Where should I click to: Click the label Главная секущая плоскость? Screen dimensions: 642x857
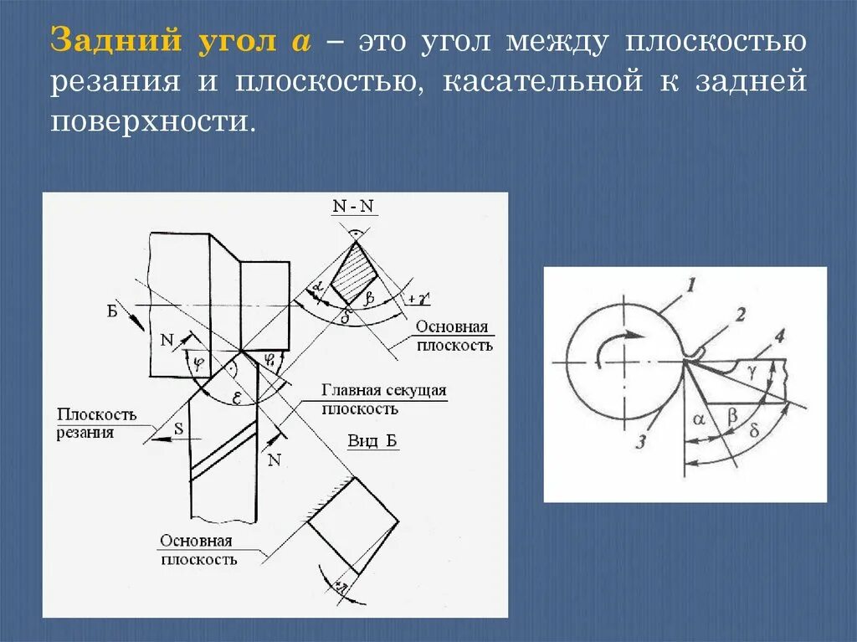click(384, 399)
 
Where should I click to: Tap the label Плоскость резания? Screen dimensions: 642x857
click(96, 423)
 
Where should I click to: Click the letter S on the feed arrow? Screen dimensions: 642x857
click(178, 429)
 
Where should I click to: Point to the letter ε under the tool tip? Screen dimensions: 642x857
click(237, 399)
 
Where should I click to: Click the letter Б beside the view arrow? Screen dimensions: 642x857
click(111, 311)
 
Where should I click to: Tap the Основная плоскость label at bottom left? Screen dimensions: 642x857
click(198, 550)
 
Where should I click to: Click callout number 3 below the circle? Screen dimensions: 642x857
click(641, 442)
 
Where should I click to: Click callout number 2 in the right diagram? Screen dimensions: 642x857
click(741, 315)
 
